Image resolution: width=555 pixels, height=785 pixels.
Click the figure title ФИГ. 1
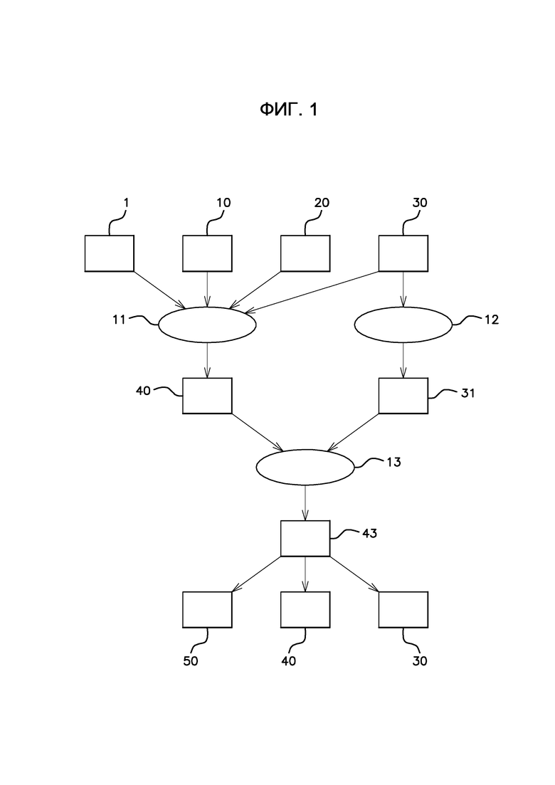[x=288, y=110]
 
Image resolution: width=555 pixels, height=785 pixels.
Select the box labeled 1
[x=109, y=253]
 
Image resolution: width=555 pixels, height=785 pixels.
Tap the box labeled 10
[x=207, y=253]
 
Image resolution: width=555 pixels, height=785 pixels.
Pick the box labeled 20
[x=305, y=253]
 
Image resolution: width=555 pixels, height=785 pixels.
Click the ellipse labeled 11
[x=207, y=325]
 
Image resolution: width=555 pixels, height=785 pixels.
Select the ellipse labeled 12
[x=403, y=325]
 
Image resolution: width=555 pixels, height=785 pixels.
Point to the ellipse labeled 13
[x=305, y=467]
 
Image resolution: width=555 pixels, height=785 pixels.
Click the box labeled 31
[x=403, y=396]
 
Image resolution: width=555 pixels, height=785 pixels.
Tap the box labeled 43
[x=305, y=538]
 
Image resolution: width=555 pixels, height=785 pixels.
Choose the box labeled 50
[x=207, y=609]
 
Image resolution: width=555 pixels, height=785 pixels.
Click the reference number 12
[x=492, y=320]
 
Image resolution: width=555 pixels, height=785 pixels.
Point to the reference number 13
[x=394, y=462]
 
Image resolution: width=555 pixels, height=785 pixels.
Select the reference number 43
[x=369, y=533]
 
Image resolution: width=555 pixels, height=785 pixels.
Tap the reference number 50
[x=191, y=661]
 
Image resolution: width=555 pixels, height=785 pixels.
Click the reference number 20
[x=322, y=202]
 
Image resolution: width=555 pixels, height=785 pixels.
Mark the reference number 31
[x=468, y=393]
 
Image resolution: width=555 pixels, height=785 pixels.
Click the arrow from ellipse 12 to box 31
[x=403, y=360]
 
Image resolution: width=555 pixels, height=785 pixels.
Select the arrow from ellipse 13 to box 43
[x=305, y=503]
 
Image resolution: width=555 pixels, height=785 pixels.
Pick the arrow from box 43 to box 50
[x=255, y=574]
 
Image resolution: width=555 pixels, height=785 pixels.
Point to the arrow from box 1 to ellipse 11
[x=159, y=290]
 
